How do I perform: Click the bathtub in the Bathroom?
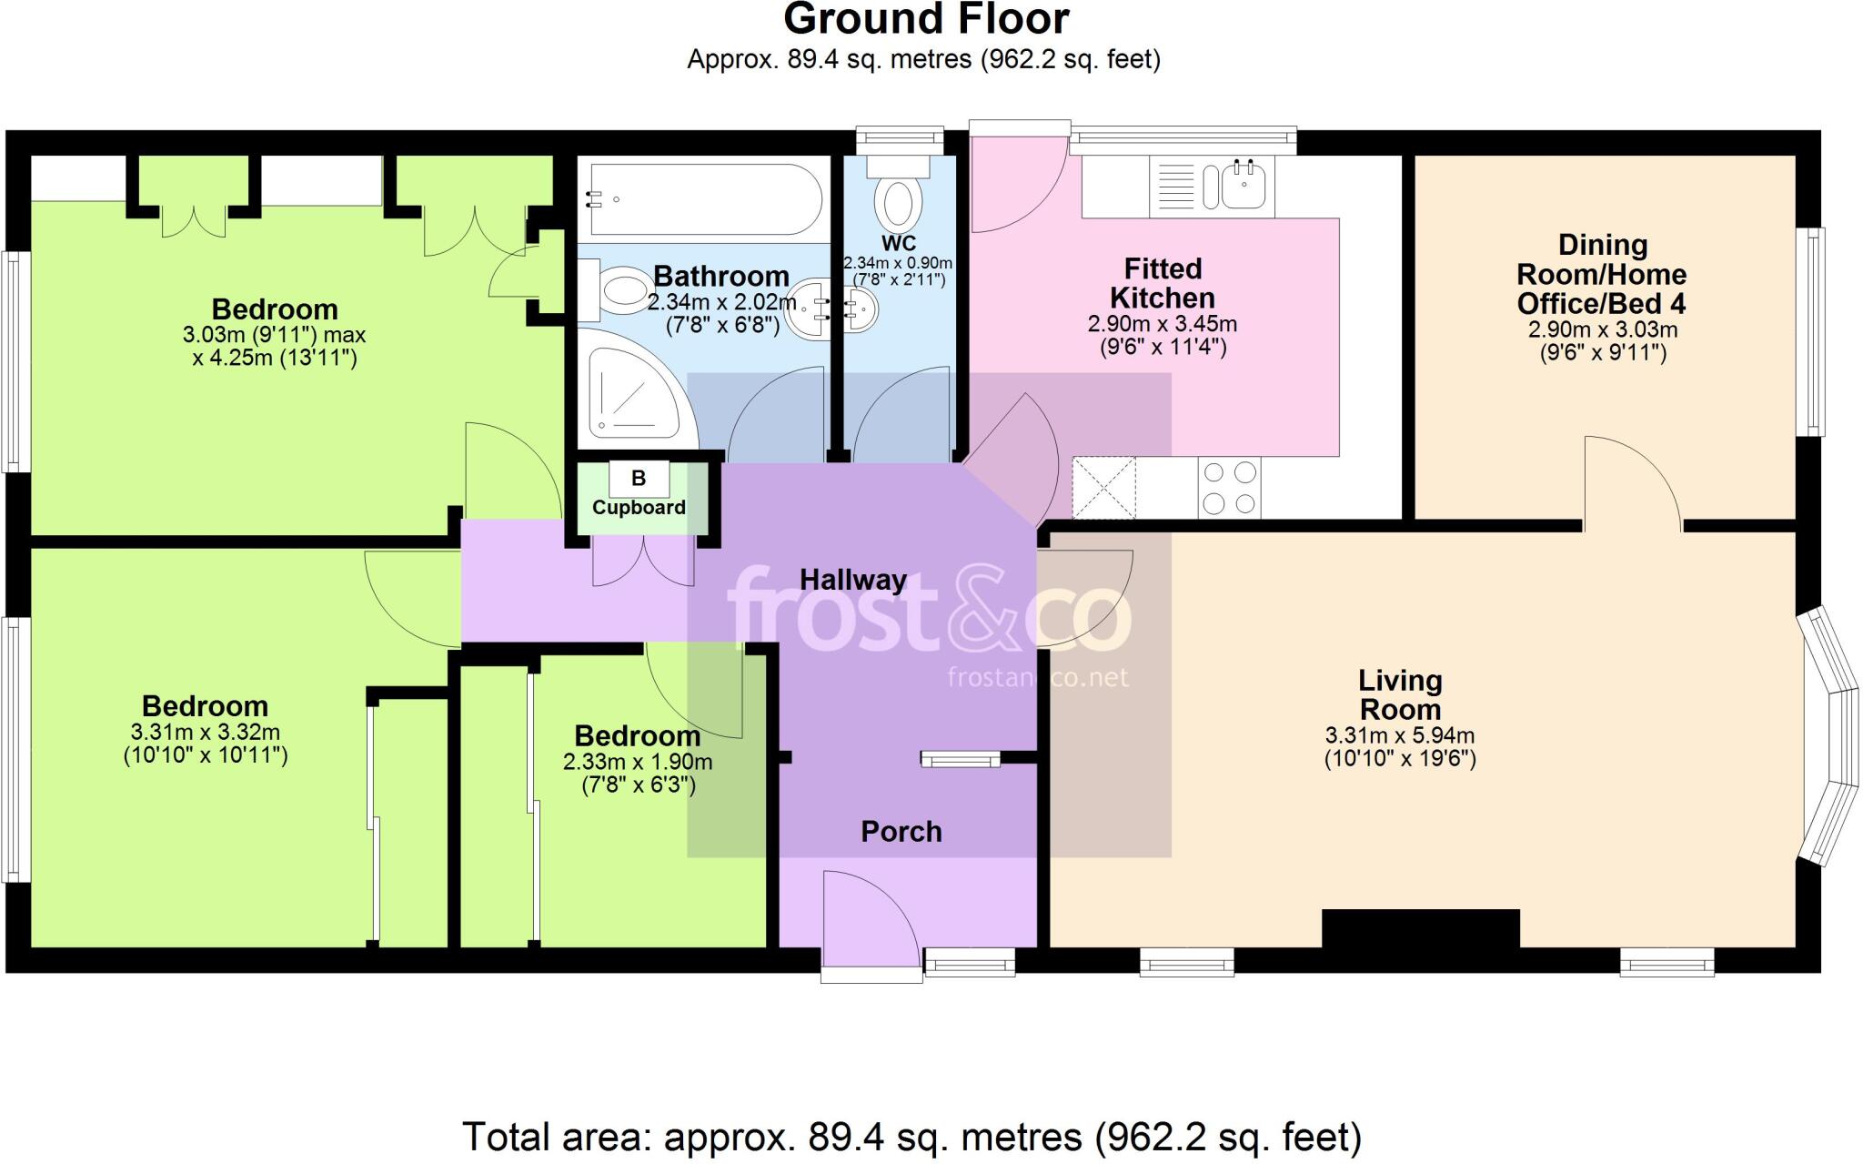705,199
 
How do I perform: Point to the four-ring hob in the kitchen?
1229,488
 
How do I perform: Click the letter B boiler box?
639,478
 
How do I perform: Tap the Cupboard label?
639,507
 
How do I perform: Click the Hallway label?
852,580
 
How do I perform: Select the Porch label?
901,831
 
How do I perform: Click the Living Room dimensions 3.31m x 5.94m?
1399,746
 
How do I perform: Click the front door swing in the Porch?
869,919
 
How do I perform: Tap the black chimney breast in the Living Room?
1420,929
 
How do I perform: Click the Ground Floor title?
925,19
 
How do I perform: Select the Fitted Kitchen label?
1162,283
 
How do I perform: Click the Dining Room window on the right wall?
1814,331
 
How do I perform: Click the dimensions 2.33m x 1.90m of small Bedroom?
638,773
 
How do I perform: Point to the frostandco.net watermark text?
1037,677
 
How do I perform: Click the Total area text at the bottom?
911,1137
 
